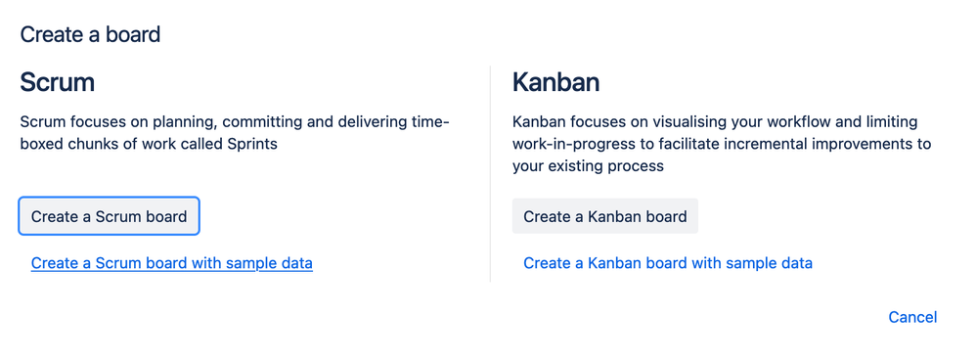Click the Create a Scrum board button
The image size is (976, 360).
(x=109, y=216)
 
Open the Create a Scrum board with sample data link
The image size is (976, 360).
(x=172, y=263)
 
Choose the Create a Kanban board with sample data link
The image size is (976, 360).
(x=668, y=263)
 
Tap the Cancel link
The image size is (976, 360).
(x=912, y=317)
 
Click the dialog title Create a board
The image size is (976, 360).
(x=90, y=35)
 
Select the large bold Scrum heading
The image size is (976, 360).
(x=58, y=82)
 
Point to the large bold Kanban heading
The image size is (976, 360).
(x=555, y=82)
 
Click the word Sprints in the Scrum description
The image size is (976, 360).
(x=253, y=145)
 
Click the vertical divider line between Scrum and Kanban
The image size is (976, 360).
(x=491, y=174)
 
